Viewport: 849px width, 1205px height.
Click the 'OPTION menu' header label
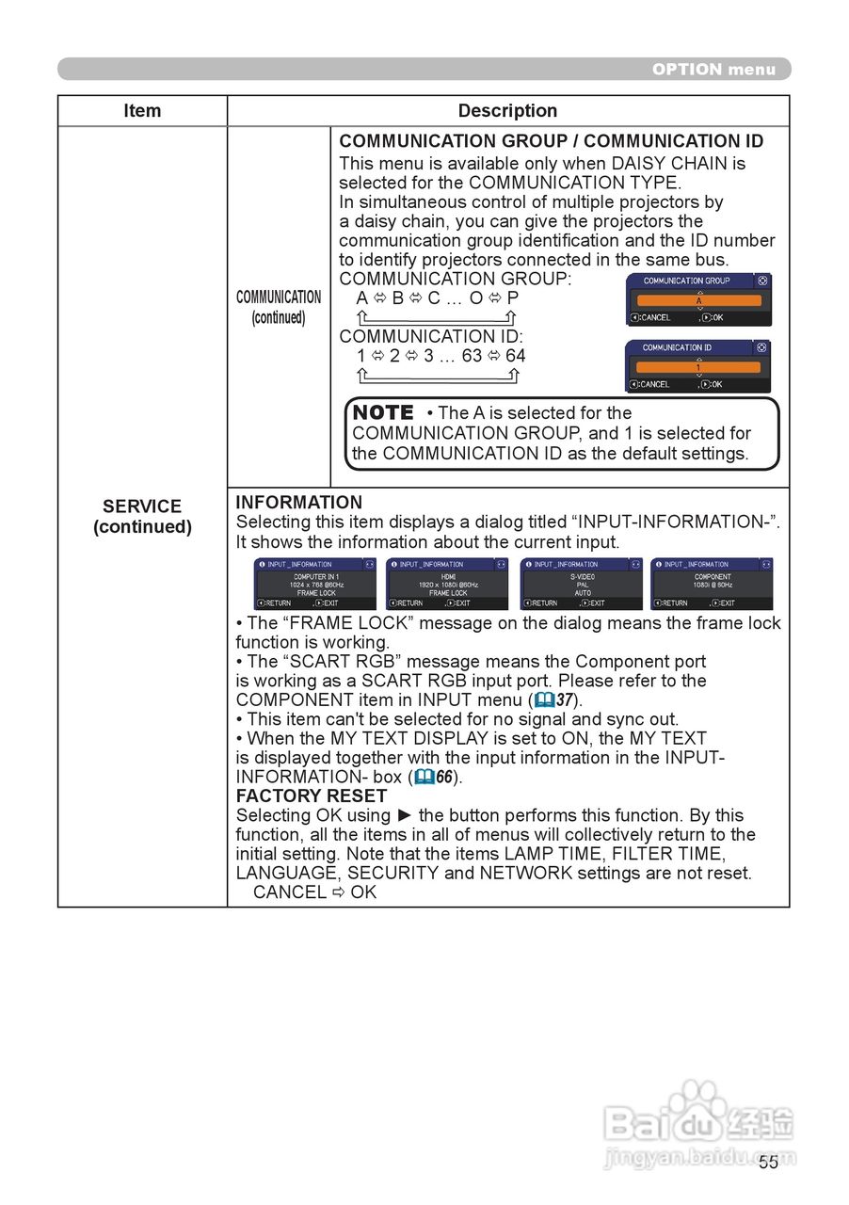(713, 69)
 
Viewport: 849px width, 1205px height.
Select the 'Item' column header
(142, 111)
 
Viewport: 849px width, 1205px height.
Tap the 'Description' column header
(507, 111)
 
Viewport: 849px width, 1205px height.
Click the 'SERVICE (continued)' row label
(142, 516)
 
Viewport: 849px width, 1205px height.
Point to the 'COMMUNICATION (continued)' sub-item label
(279, 307)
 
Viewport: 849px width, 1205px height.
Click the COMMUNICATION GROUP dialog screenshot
(698, 299)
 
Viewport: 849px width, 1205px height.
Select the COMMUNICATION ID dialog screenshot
(698, 366)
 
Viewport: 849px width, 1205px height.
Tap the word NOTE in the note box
(383, 412)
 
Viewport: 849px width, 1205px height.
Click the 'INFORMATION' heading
(298, 503)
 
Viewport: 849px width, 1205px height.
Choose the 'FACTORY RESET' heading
(311, 795)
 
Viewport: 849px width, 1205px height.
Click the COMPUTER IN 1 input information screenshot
(315, 584)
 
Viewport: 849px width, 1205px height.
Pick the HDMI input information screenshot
(447, 584)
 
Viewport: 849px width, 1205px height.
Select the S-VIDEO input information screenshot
(581, 584)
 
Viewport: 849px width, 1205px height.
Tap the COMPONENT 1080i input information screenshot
(712, 584)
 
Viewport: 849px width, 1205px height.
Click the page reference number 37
(565, 699)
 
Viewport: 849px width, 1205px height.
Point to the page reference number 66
(444, 777)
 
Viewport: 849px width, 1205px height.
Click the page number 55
(769, 1162)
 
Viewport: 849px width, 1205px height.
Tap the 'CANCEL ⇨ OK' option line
(314, 892)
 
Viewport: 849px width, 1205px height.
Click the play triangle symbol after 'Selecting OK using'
(405, 815)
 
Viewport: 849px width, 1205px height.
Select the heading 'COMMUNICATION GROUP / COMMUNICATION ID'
(552, 141)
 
